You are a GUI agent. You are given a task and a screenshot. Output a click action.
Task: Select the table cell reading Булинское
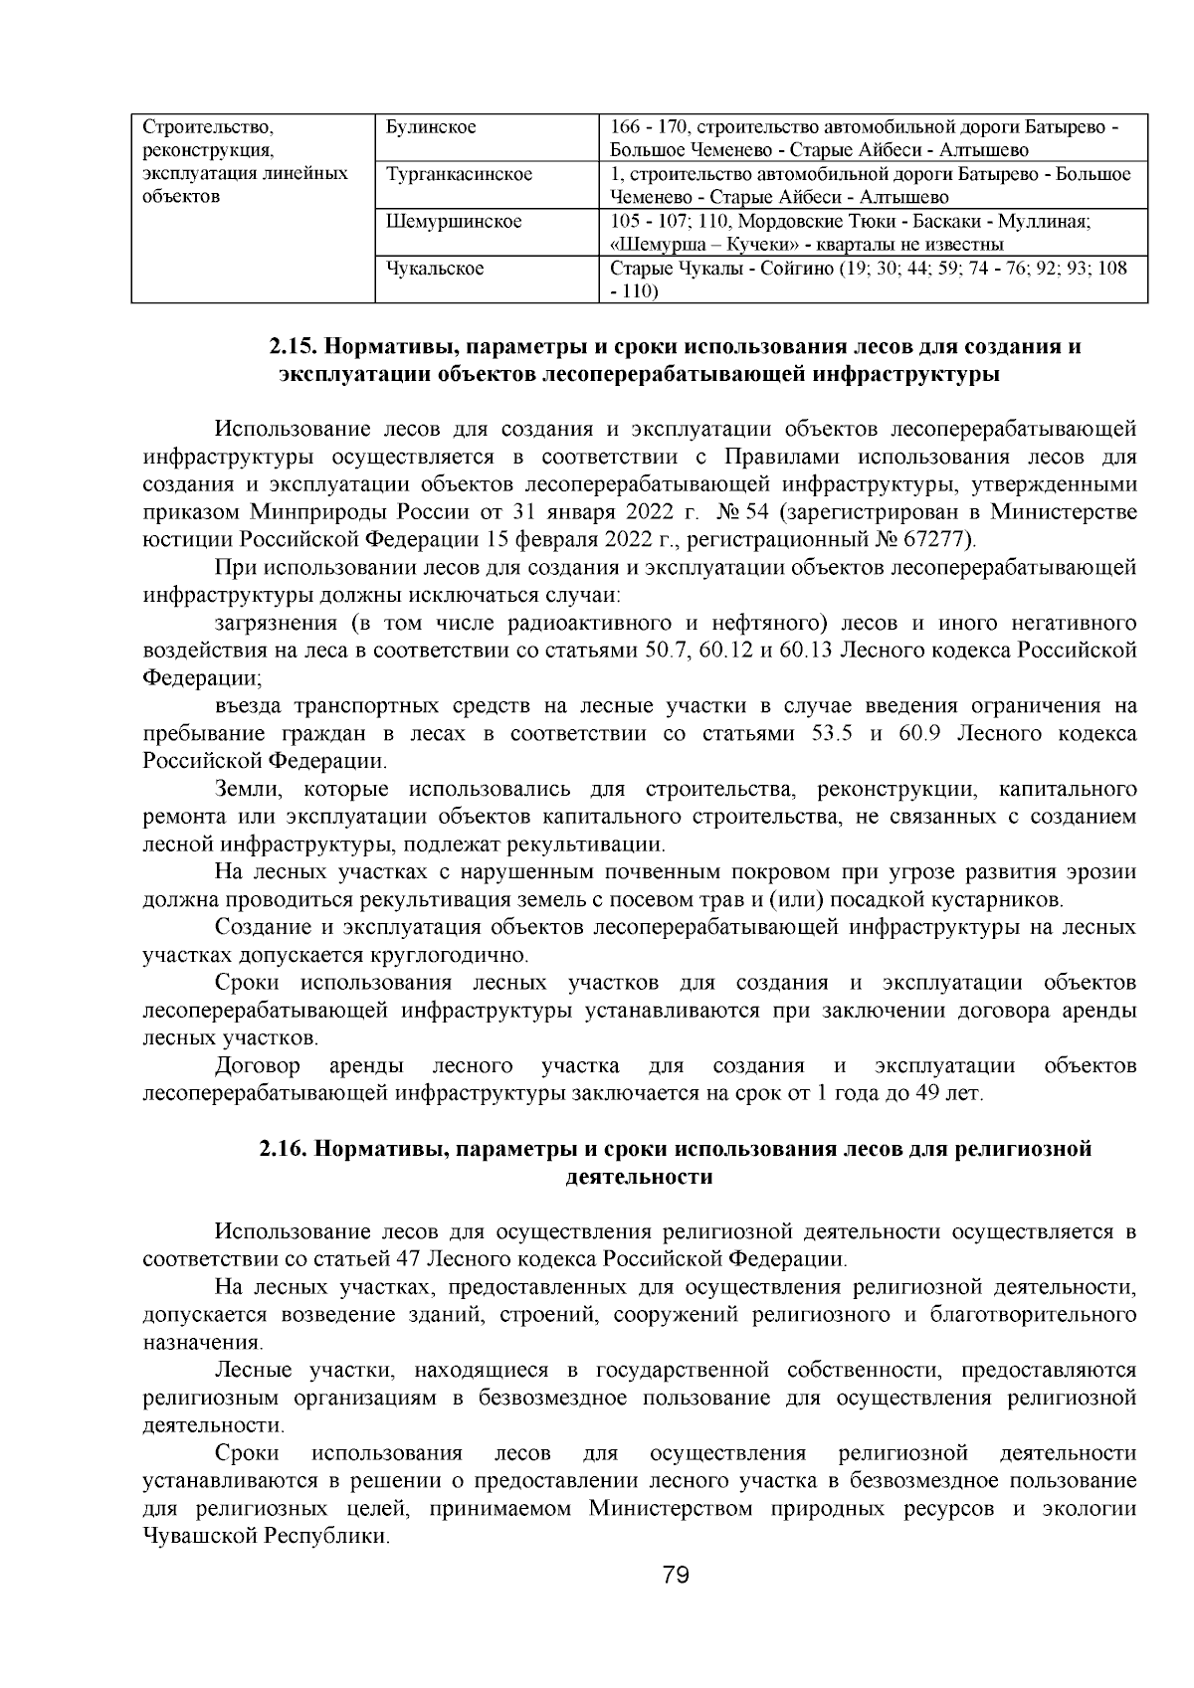[x=430, y=127]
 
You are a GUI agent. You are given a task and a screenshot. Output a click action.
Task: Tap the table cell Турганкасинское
[x=459, y=174]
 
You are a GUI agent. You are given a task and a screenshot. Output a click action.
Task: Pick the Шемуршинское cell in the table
[x=453, y=221]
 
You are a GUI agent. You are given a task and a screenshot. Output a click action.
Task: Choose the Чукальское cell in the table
[x=435, y=269]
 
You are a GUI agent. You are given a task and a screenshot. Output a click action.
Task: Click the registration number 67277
[x=938, y=540]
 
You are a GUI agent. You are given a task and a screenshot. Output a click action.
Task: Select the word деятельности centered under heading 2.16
[x=639, y=1177]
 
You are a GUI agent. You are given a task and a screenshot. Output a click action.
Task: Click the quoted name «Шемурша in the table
[x=649, y=245]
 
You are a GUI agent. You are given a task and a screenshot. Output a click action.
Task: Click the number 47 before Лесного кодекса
[x=408, y=1259]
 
